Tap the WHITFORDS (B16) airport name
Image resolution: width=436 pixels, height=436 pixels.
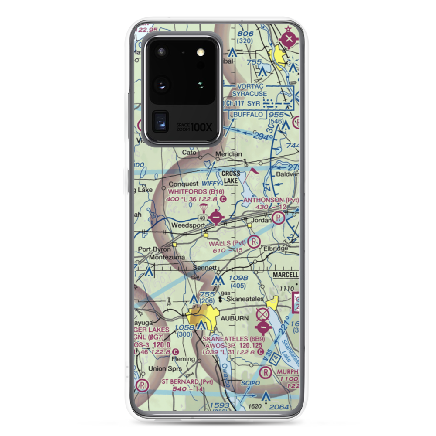pos(196,191)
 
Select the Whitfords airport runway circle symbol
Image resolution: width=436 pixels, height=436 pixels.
pos(215,216)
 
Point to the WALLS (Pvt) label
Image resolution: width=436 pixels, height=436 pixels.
pos(227,242)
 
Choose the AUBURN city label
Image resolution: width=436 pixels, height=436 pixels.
pos(235,318)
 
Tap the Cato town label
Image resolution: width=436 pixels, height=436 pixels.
pos(188,153)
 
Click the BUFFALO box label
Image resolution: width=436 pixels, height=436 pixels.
pos(248,115)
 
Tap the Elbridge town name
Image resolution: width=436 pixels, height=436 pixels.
pos(276,249)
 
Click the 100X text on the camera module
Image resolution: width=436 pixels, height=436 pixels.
pos(202,127)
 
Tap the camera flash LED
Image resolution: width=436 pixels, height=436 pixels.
pos(200,52)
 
